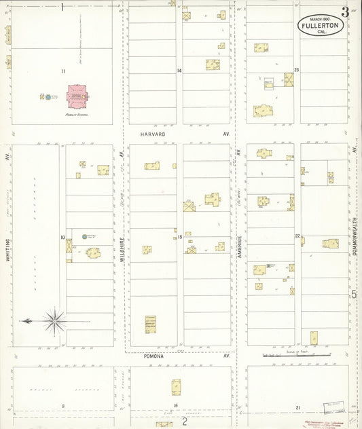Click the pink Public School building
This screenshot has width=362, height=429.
(x=77, y=97)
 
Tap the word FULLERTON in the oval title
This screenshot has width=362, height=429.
(x=320, y=25)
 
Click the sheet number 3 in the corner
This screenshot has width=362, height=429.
(x=346, y=12)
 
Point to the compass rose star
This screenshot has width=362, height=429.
(x=54, y=320)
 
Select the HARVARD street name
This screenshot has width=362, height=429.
(x=153, y=134)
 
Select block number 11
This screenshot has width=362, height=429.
(x=62, y=71)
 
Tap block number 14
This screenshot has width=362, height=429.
(x=179, y=71)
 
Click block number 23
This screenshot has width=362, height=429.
(x=297, y=70)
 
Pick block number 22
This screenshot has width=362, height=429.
(x=297, y=236)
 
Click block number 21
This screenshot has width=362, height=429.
(x=297, y=407)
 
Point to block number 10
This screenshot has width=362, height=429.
(x=62, y=237)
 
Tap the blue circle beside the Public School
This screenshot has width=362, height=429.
(x=49, y=98)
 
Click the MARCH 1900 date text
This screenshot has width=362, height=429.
(x=320, y=18)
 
